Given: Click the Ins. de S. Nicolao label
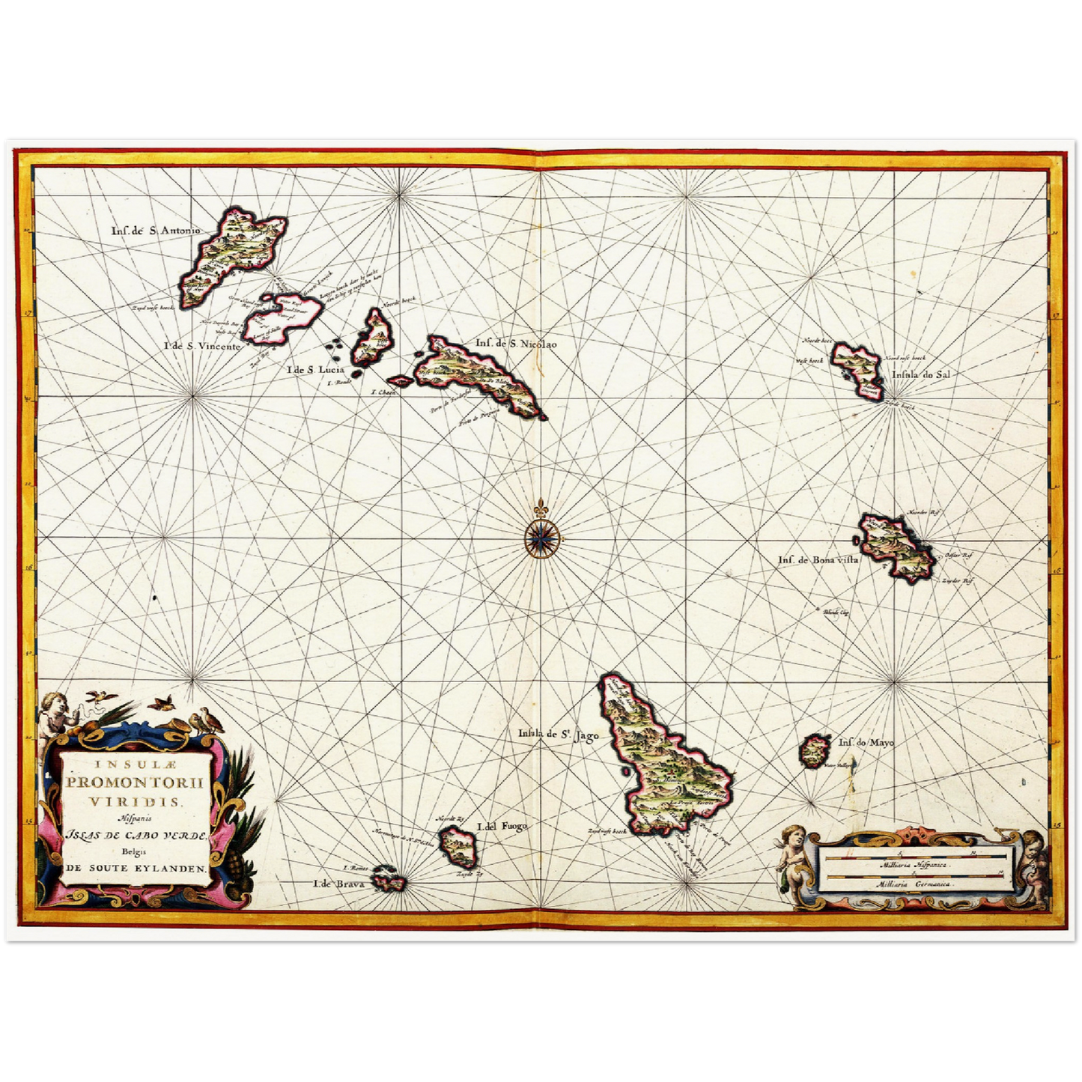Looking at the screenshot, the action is point(516,344).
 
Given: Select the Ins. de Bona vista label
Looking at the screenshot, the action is point(818,559).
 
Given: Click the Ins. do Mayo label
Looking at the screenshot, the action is point(866,743).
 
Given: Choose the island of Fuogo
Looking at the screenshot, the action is point(458,845).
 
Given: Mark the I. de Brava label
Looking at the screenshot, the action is point(339,884).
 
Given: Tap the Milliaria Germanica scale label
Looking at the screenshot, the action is point(914,884).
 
